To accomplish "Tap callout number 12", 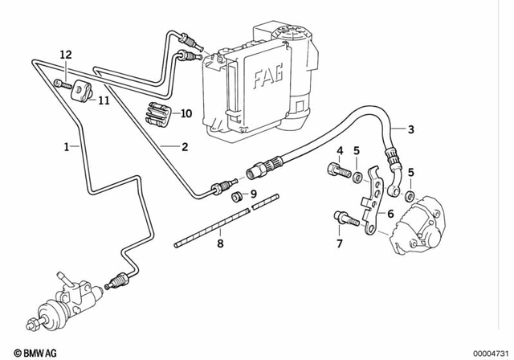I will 66,54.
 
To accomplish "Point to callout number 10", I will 186,113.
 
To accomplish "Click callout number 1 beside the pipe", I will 67,147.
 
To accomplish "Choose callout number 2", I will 184,147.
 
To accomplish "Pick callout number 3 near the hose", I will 410,130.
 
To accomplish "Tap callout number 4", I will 340,151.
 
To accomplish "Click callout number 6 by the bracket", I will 390,214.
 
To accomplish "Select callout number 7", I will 340,243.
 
